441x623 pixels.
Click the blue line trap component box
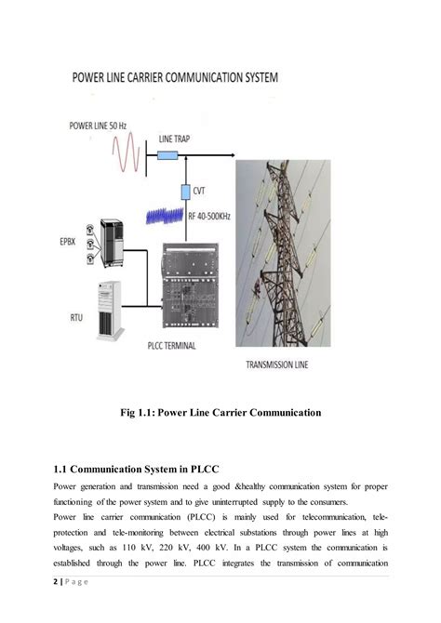[168, 155]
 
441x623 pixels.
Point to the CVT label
[198, 191]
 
